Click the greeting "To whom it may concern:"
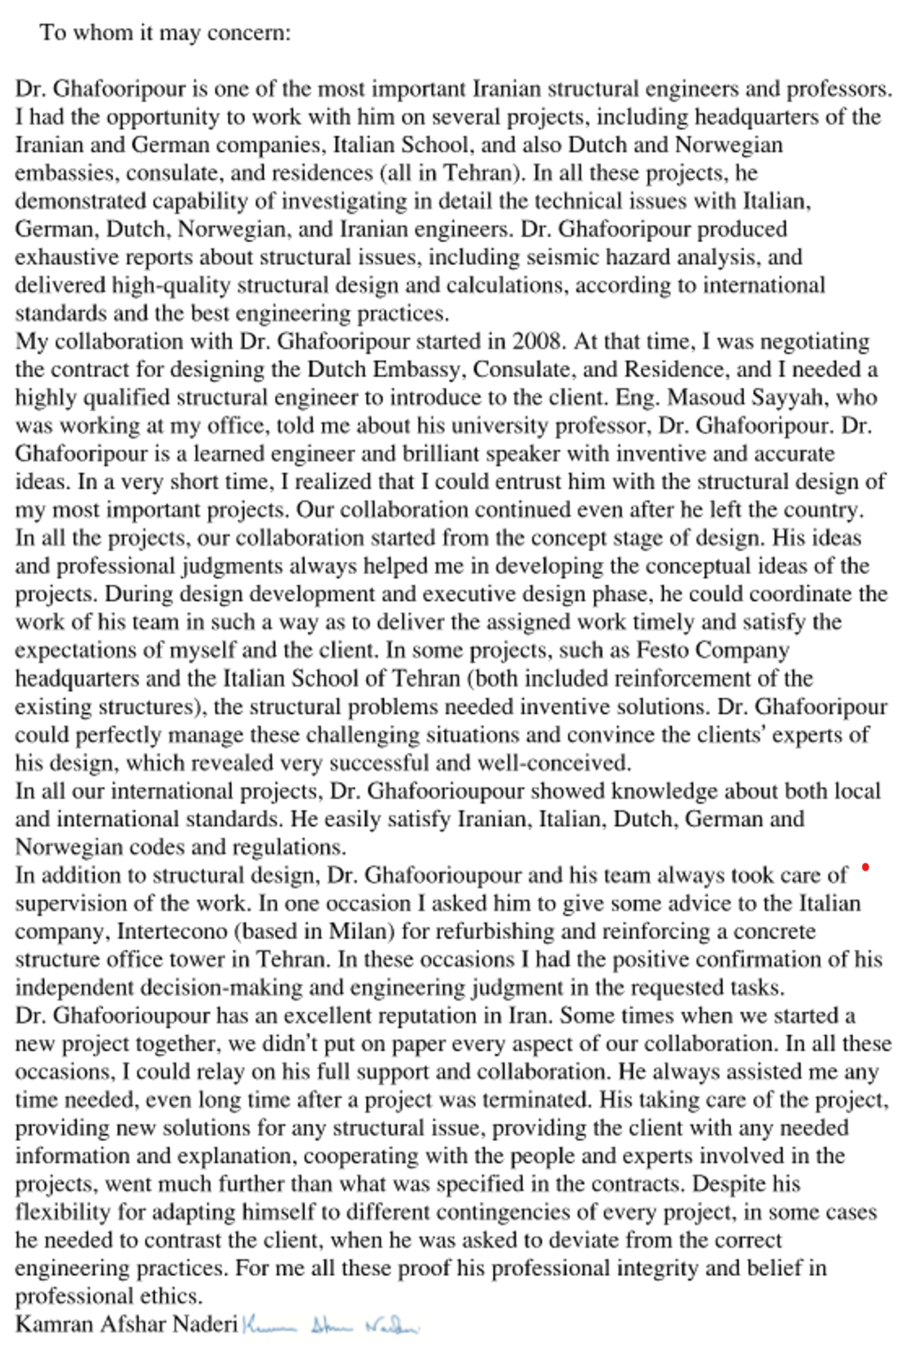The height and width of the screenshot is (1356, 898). (x=165, y=32)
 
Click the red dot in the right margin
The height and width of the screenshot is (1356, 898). (x=866, y=867)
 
